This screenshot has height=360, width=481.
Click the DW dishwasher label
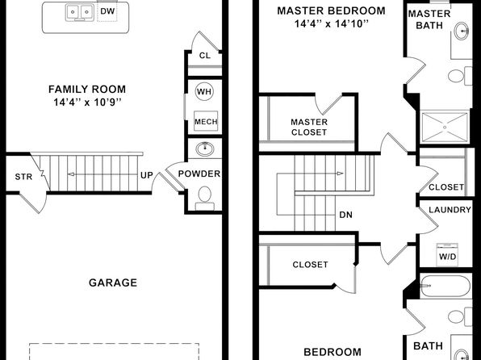tap(107, 11)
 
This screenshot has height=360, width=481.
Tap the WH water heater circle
tap(205, 91)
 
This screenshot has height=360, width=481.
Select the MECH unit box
tap(206, 122)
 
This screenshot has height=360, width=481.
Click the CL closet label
tap(205, 56)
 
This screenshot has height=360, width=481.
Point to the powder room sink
tap(205, 149)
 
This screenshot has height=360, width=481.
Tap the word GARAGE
tap(113, 283)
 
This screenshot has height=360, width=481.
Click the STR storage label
tap(23, 177)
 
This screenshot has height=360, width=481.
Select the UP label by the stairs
tap(147, 175)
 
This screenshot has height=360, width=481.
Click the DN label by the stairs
tap(345, 215)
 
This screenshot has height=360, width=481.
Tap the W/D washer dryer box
tap(448, 255)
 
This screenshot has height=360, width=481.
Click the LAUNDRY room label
tap(450, 210)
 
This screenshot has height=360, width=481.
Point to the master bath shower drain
tap(445, 127)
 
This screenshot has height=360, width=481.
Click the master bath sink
tap(462, 31)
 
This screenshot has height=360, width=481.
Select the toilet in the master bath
tap(460, 76)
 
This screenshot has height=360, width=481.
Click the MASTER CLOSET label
tap(309, 127)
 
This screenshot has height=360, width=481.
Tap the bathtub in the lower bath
tap(445, 287)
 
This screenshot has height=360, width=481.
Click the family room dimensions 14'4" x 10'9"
tap(87, 103)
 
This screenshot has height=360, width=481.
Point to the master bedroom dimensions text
tap(332, 23)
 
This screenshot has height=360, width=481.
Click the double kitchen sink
tap(80, 13)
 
